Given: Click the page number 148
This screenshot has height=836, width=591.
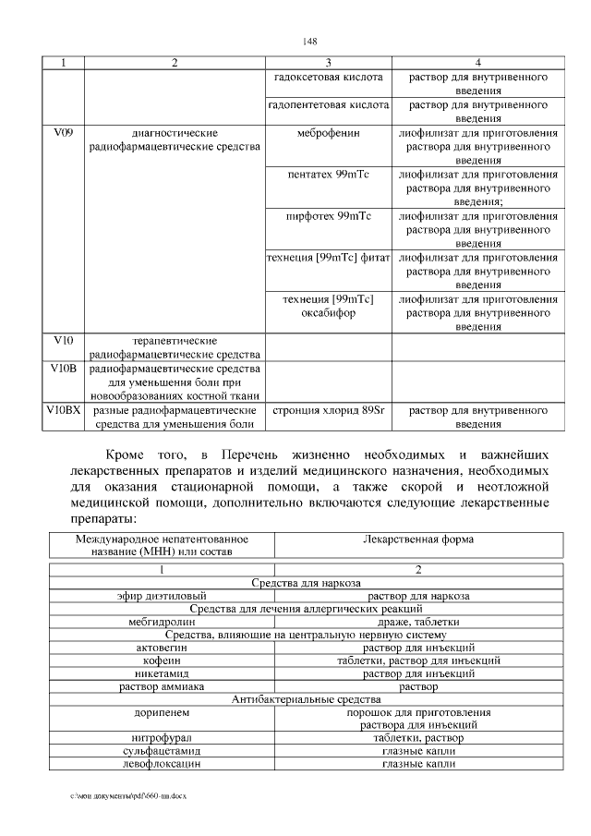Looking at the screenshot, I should pyautogui.click(x=310, y=42).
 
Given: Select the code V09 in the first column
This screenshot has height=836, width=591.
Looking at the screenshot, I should pyautogui.click(x=63, y=133).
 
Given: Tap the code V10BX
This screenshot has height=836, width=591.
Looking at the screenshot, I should pyautogui.click(x=63, y=409).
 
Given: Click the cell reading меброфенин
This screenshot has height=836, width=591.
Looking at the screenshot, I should pyautogui.click(x=329, y=133).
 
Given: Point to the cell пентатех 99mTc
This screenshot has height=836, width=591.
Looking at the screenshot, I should pyautogui.click(x=329, y=175).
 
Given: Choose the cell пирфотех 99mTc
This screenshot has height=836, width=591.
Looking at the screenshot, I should pyautogui.click(x=329, y=216).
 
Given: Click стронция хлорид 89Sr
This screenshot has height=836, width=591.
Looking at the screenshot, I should pyautogui.click(x=329, y=409).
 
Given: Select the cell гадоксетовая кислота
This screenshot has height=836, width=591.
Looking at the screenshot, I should pyautogui.click(x=329, y=78).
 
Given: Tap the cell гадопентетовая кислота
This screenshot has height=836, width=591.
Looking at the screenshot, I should pyautogui.click(x=329, y=105).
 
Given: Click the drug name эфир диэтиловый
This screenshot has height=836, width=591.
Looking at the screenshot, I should pyautogui.click(x=164, y=596).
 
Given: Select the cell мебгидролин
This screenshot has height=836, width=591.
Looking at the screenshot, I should pyautogui.click(x=164, y=622).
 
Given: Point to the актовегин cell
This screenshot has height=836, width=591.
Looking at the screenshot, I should pyautogui.click(x=164, y=648).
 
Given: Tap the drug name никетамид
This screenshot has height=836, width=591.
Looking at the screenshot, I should pyautogui.click(x=164, y=673).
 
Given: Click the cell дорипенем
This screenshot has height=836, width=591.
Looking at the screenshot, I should pyautogui.click(x=164, y=712).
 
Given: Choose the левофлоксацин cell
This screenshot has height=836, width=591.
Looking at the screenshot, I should pyautogui.click(x=164, y=764).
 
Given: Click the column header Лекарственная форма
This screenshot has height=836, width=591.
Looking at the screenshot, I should pyautogui.click(x=418, y=539).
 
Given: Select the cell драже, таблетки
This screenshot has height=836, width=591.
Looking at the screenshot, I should pyautogui.click(x=418, y=622).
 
